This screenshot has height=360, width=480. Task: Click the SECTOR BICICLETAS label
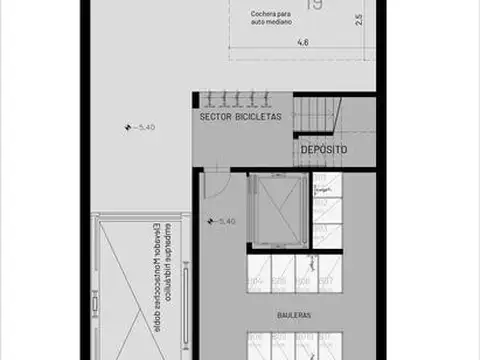point(240,117)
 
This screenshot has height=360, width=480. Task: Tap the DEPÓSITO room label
point(324,149)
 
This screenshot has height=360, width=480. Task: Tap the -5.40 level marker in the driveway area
point(140,127)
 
